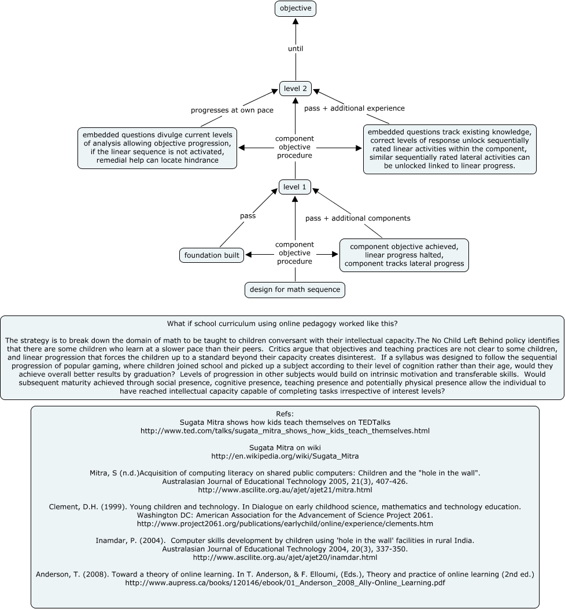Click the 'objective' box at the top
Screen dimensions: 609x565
pos(296,9)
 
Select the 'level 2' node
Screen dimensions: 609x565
pos(296,89)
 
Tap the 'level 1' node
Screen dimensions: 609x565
pos(296,187)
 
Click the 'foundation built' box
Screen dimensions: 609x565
pos(212,255)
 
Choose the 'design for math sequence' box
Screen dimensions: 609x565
pos(295,289)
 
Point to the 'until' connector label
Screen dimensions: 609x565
pos(296,49)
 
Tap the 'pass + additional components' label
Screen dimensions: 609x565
pos(358,218)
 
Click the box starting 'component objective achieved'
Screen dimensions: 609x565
pos(404,255)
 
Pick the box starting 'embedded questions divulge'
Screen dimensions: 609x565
pos(157,148)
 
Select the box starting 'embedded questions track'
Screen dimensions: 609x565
pos(449,149)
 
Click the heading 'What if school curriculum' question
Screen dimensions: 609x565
pos(282,323)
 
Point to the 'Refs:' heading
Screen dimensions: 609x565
pos(285,414)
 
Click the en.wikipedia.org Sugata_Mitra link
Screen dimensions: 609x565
pos(285,456)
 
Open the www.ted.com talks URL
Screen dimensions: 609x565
pos(285,431)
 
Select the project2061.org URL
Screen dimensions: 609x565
pos(285,523)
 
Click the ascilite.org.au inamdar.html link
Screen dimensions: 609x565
pos(285,557)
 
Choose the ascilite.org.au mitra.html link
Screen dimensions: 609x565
pos(285,490)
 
